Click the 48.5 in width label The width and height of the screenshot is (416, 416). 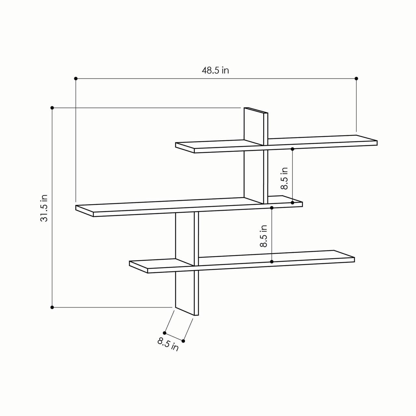215,70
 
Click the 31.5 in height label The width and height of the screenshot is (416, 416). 44,208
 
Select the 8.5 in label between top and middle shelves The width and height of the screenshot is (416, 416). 284,178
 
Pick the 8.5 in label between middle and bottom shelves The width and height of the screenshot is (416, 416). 264,236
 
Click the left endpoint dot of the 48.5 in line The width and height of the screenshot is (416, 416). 76,78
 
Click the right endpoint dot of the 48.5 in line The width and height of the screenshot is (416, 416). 356,78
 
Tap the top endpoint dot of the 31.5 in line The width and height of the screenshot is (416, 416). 52,108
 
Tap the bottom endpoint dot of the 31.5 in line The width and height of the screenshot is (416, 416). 52,307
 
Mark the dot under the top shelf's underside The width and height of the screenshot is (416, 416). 292,149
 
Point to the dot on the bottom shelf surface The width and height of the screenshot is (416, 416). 272,261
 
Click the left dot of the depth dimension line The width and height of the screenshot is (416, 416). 165,333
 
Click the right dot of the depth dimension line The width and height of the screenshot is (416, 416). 183,341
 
